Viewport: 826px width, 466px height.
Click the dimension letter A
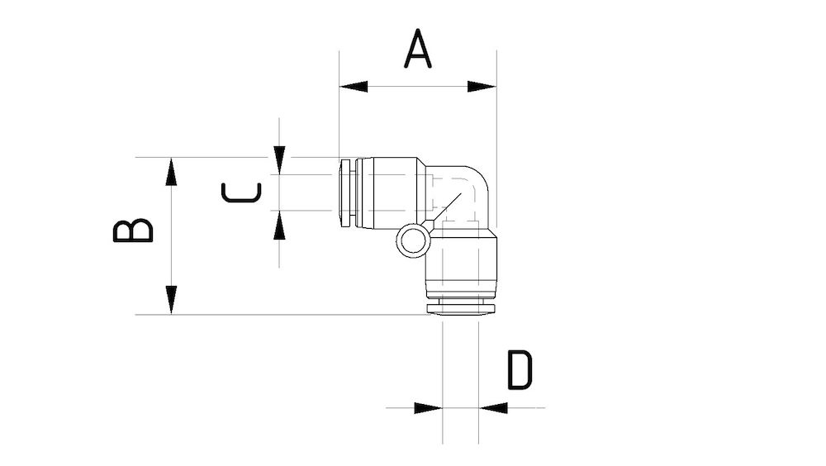pos(418,49)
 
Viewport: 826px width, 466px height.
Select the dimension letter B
pos(133,231)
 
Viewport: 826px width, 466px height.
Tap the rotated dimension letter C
pos(241,193)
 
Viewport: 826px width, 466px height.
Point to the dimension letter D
pos(520,370)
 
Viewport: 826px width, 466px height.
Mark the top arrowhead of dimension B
pos(171,171)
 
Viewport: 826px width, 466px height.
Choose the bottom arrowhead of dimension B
pos(171,299)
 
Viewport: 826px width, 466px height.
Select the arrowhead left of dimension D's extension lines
pos(427,407)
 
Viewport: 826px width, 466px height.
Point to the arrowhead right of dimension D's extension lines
pos(493,407)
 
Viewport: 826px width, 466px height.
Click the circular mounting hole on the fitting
pos(411,241)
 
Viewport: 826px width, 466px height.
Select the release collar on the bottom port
pos(460,307)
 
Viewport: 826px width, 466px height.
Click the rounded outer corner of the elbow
pos(479,176)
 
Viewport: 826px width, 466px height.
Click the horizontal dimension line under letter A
pos(417,87)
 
